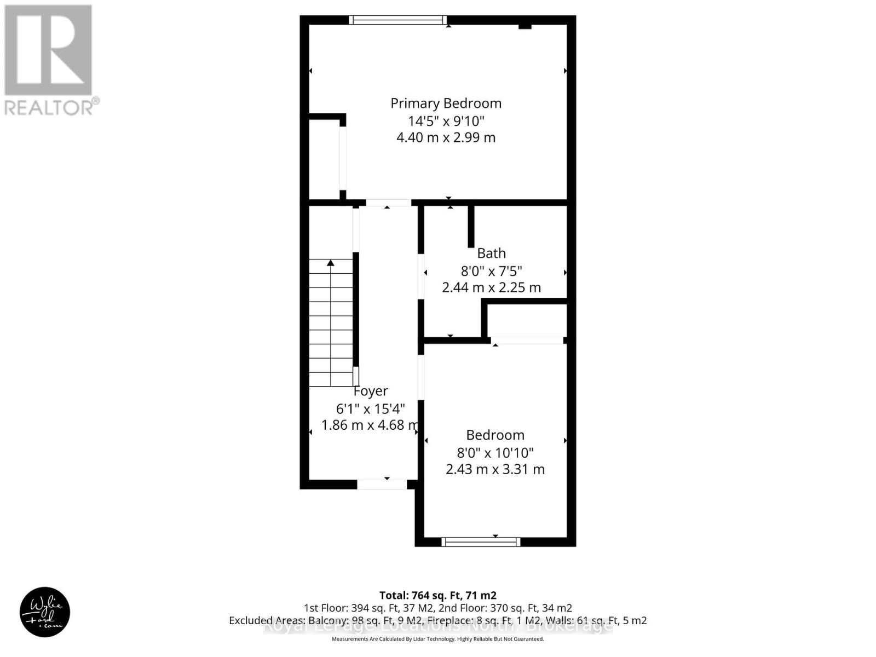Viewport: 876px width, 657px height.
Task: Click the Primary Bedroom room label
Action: click(446, 103)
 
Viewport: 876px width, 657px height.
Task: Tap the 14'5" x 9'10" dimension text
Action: click(446, 120)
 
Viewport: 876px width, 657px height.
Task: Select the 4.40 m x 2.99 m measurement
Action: click(446, 137)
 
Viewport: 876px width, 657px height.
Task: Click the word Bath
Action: click(491, 253)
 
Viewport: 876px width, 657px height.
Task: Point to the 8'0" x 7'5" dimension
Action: click(491, 270)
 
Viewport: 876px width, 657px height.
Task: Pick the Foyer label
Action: click(371, 391)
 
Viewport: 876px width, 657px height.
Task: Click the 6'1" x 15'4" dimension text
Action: click(371, 408)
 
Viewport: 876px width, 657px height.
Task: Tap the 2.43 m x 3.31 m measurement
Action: click(495, 469)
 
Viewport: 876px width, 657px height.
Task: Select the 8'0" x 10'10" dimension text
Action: click(495, 453)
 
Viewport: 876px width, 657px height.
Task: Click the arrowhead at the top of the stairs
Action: click(331, 263)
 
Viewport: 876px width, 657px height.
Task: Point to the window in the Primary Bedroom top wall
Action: click(397, 20)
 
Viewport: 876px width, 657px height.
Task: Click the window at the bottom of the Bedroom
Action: click(481, 542)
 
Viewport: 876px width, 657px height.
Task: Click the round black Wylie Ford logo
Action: click(45, 612)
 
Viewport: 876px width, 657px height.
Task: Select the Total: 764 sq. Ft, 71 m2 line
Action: click(438, 595)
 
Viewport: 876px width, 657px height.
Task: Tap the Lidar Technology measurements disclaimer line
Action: click(438, 639)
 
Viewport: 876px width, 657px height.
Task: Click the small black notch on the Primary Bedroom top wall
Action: click(525, 26)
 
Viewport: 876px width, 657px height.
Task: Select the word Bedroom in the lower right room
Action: click(495, 435)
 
